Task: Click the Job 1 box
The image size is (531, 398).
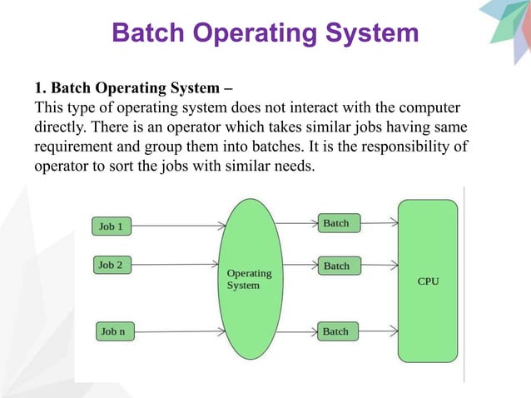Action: [x=111, y=226]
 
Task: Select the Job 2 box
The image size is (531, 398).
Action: [x=111, y=266]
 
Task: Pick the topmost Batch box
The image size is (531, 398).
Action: [x=337, y=223]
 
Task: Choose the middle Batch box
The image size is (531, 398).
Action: [x=337, y=266]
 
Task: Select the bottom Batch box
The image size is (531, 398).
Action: [x=336, y=331]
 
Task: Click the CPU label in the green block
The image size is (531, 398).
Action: [x=428, y=281]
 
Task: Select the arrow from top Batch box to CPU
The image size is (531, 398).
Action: [x=379, y=223]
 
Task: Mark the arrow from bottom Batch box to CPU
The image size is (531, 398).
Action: [x=378, y=331]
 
